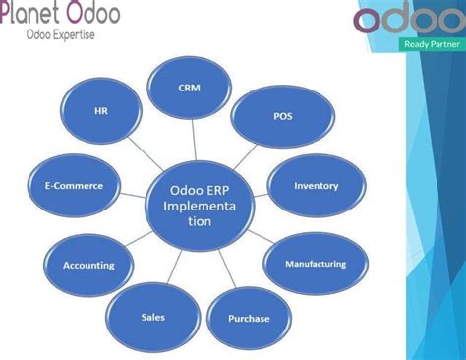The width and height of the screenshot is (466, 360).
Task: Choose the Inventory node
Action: (316, 185)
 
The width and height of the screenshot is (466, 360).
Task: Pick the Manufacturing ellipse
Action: (315, 264)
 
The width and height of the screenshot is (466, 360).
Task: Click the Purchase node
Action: (248, 319)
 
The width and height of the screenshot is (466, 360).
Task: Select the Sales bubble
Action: (151, 317)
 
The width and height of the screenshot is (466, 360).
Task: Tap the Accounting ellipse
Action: (87, 265)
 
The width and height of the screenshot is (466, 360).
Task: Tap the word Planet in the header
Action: (32, 14)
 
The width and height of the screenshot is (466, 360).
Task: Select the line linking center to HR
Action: (142, 155)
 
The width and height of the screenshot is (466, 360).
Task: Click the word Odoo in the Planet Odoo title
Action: (94, 14)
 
